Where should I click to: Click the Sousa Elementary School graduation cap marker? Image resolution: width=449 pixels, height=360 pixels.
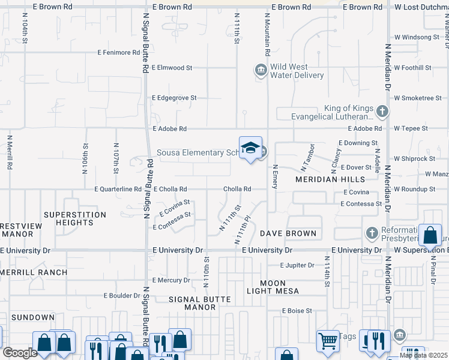[250, 148]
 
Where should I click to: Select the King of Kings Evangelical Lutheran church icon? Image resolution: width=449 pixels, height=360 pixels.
[380, 111]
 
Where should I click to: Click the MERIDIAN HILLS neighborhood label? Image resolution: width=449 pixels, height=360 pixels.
[330, 179]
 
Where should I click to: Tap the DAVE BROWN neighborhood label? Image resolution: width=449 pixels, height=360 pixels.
[288, 233]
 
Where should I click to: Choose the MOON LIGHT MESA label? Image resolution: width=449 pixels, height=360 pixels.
[273, 287]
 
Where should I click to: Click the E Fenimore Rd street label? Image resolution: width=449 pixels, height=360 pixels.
[119, 53]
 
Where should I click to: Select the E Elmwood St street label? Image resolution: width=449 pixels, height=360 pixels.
[172, 68]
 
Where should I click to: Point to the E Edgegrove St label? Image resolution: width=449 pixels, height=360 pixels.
[174, 98]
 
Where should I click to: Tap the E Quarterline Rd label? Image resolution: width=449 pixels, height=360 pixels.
[118, 189]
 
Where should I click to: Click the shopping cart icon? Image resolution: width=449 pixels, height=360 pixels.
[328, 341]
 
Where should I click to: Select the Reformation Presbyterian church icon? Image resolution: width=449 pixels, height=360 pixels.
[372, 232]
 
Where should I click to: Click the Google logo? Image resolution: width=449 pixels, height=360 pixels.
[20, 353]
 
